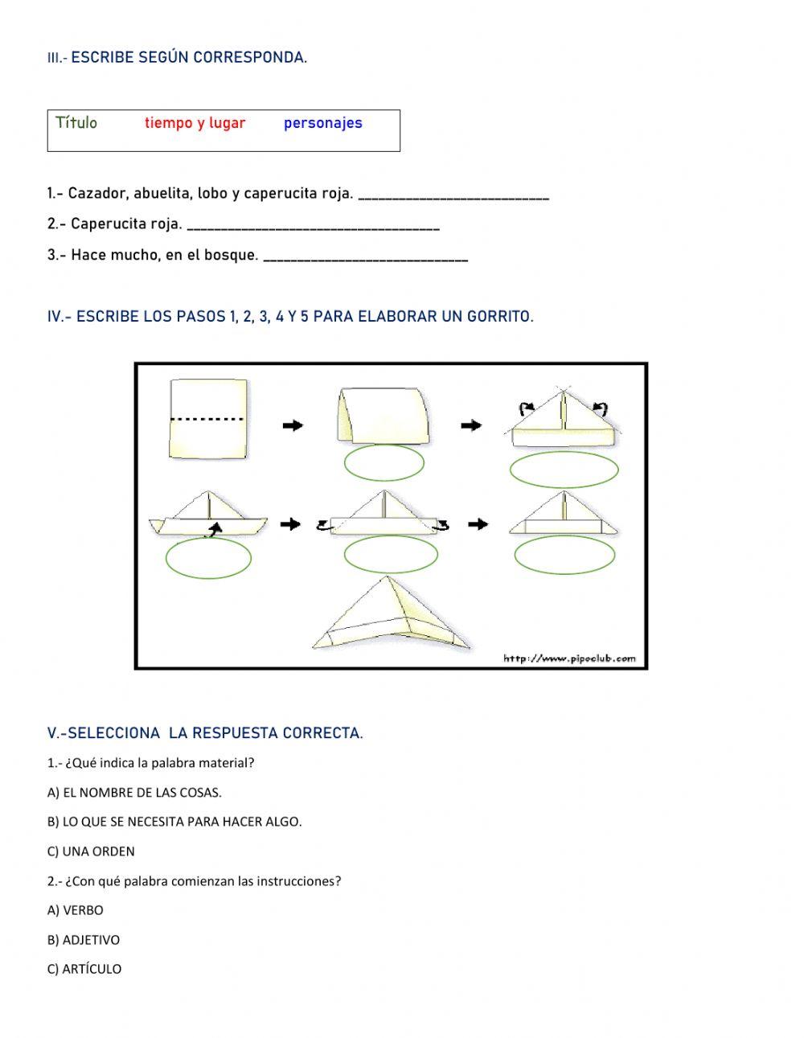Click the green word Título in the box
point(76,123)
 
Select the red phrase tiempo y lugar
point(195,123)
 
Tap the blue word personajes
point(322,123)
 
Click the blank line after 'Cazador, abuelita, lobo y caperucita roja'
point(453,195)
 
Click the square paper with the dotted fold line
point(208,418)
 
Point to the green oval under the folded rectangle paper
point(384,462)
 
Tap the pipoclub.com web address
point(568,658)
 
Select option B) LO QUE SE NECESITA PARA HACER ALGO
point(174,822)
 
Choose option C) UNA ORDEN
point(91,851)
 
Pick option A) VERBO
point(76,910)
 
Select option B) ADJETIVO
point(84,940)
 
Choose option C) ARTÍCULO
point(84,969)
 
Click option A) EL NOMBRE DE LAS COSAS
point(134,793)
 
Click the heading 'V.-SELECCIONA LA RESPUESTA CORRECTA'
point(205,733)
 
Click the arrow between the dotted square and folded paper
point(293,425)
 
